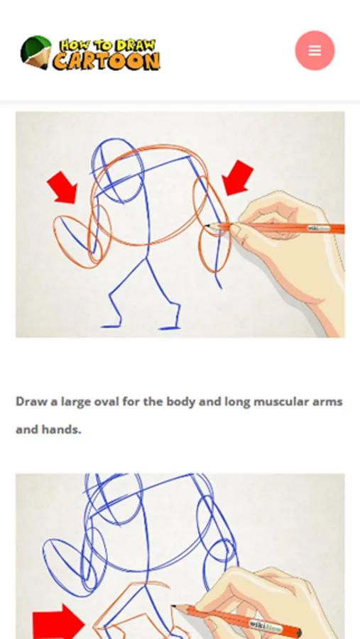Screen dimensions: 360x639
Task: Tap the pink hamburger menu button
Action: [x=315, y=50]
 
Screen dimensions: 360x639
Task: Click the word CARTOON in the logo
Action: [x=107, y=61]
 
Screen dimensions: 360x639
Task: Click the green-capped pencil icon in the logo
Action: [x=36, y=52]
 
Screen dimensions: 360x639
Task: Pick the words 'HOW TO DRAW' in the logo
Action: [x=108, y=45]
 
